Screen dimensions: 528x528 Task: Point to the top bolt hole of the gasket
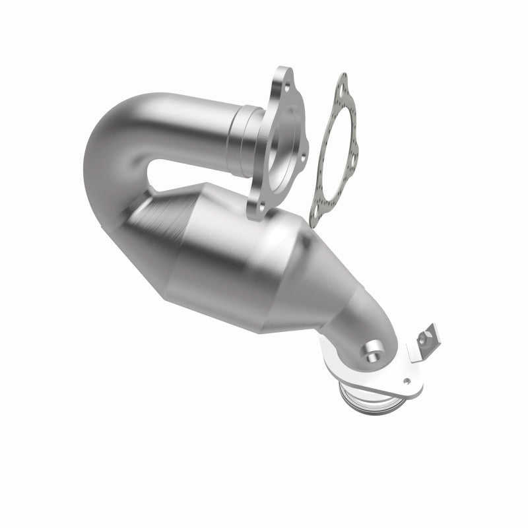click(341, 84)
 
